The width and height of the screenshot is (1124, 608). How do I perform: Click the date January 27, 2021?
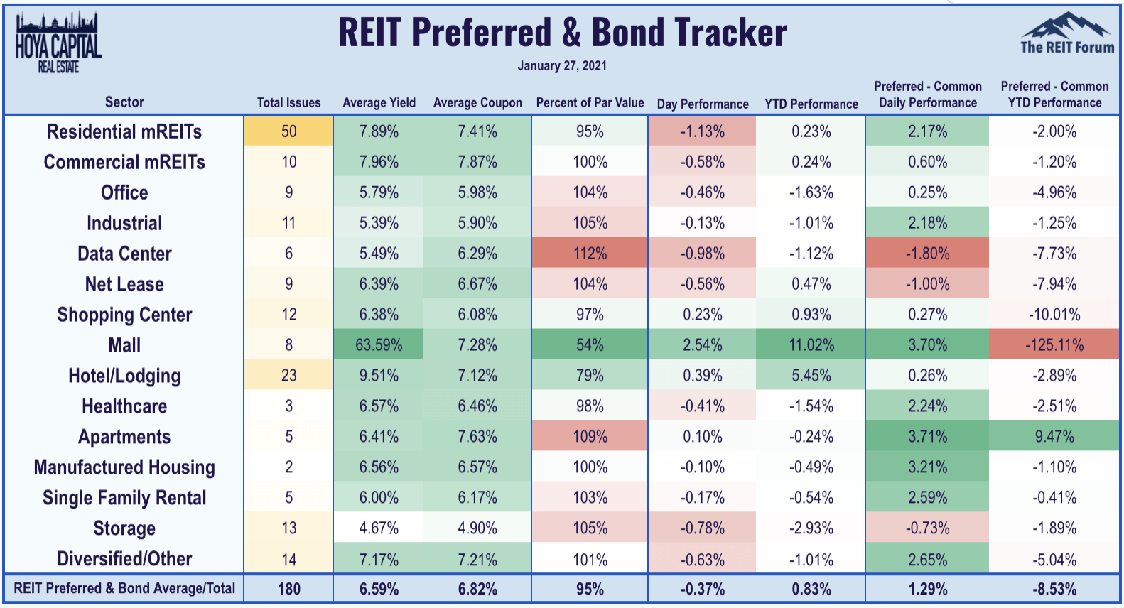pyautogui.click(x=561, y=66)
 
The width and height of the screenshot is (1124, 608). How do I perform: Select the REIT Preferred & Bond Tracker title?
pyautogui.click(x=561, y=32)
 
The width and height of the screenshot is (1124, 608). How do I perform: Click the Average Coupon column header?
pyautogui.click(x=477, y=103)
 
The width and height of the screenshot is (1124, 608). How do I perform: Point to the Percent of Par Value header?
pyautogui.click(x=590, y=103)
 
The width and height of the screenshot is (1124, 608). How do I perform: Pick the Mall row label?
pyautogui.click(x=124, y=345)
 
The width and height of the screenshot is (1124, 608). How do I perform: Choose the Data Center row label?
pyautogui.click(x=124, y=254)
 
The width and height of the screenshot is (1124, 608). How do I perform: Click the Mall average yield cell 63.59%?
pyautogui.click(x=379, y=345)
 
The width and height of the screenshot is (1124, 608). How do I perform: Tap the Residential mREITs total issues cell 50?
pyautogui.click(x=288, y=131)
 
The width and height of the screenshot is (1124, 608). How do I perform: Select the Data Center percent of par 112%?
pyautogui.click(x=590, y=254)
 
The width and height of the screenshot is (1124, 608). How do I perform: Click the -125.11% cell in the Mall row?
pyautogui.click(x=1054, y=345)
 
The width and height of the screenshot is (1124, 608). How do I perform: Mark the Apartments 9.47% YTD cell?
pyautogui.click(x=1054, y=437)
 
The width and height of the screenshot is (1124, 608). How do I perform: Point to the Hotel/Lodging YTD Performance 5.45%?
pyautogui.click(x=811, y=376)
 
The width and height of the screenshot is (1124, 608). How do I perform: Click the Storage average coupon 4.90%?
pyautogui.click(x=477, y=528)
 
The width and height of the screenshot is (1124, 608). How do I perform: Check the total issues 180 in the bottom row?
pyautogui.click(x=288, y=589)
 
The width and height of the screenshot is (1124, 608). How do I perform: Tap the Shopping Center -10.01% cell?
pyautogui.click(x=1054, y=315)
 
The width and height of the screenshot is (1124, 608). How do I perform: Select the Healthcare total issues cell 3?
pyautogui.click(x=288, y=406)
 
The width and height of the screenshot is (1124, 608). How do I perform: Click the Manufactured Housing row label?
pyautogui.click(x=124, y=467)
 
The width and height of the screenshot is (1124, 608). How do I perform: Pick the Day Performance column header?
pyautogui.click(x=703, y=104)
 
